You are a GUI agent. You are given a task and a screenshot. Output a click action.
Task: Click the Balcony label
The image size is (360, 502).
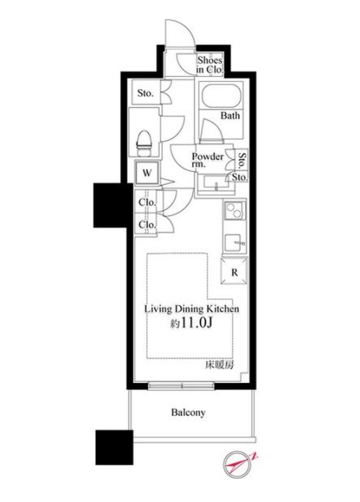click(x=188, y=412)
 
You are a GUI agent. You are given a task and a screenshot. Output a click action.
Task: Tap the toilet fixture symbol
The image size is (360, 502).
click(x=144, y=144)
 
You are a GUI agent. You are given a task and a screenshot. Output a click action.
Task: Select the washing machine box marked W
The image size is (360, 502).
click(x=147, y=174)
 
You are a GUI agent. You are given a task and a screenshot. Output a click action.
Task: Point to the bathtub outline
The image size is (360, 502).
click(x=221, y=96)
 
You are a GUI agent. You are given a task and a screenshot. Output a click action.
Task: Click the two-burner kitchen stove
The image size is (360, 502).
click(x=234, y=210)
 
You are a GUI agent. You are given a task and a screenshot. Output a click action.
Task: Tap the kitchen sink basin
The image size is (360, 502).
click(x=234, y=243)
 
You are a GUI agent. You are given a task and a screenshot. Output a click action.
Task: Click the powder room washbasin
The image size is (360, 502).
click(x=215, y=184)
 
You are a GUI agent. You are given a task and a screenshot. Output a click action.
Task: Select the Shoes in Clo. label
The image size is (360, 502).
click(x=210, y=65)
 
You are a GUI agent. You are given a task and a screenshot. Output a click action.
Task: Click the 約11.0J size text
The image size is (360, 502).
click(x=191, y=324)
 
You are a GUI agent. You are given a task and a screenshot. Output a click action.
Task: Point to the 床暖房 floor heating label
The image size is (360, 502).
click(x=219, y=365)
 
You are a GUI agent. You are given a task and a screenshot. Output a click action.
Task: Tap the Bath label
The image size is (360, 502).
click(x=229, y=115)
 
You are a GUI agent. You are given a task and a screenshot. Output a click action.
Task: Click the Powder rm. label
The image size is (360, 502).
click(x=208, y=160)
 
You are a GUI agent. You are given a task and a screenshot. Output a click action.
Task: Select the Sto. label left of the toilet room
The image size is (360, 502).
click(x=146, y=93)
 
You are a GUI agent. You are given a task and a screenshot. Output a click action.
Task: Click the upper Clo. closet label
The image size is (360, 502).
click(x=147, y=202)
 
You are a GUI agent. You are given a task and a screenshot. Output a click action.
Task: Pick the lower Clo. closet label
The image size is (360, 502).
click(x=147, y=225)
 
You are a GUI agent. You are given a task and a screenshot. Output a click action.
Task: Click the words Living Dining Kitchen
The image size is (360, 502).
click(x=191, y=309)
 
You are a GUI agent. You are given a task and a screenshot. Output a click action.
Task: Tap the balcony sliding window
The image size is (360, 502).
click(x=182, y=386)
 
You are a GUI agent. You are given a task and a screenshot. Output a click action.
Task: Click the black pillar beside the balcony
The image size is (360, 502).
click(x=114, y=447)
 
